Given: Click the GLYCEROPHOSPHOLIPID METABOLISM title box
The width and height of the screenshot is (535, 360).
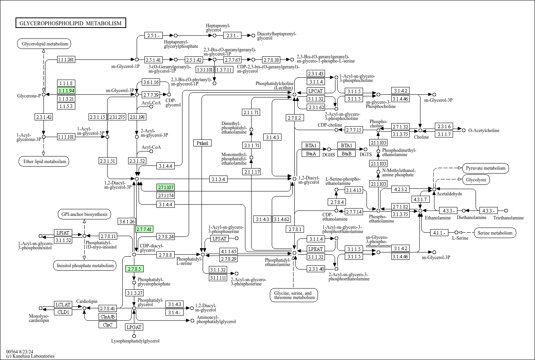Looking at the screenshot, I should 71,23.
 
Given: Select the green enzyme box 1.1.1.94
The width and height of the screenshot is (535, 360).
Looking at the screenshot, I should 66,90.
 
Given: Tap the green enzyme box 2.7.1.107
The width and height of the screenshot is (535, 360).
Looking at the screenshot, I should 166,187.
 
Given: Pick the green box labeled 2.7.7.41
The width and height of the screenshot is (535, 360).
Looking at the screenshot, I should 144,229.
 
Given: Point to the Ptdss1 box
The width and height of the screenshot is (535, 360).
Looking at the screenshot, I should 202,143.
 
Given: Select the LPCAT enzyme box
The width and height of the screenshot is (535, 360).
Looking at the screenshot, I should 316,91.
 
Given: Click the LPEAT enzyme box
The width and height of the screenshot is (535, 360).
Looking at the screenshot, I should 316,249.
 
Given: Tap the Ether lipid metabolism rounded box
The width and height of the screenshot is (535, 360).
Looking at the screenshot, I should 43,162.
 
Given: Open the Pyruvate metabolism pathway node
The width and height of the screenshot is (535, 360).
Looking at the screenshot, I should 485,168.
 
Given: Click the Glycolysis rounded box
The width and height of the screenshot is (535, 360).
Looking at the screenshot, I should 476,180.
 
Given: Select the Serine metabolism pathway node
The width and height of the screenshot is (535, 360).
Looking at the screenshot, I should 495,233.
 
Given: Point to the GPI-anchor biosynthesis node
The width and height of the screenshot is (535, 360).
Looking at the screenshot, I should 84,214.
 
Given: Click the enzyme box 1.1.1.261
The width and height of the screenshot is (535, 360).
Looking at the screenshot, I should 66,59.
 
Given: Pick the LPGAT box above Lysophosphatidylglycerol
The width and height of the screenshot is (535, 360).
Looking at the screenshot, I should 134,327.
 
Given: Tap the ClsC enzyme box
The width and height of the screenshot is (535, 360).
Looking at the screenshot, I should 108,325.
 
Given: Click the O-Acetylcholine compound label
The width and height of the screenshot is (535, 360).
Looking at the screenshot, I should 484,130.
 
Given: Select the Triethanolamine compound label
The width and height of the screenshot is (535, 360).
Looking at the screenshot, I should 508,218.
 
